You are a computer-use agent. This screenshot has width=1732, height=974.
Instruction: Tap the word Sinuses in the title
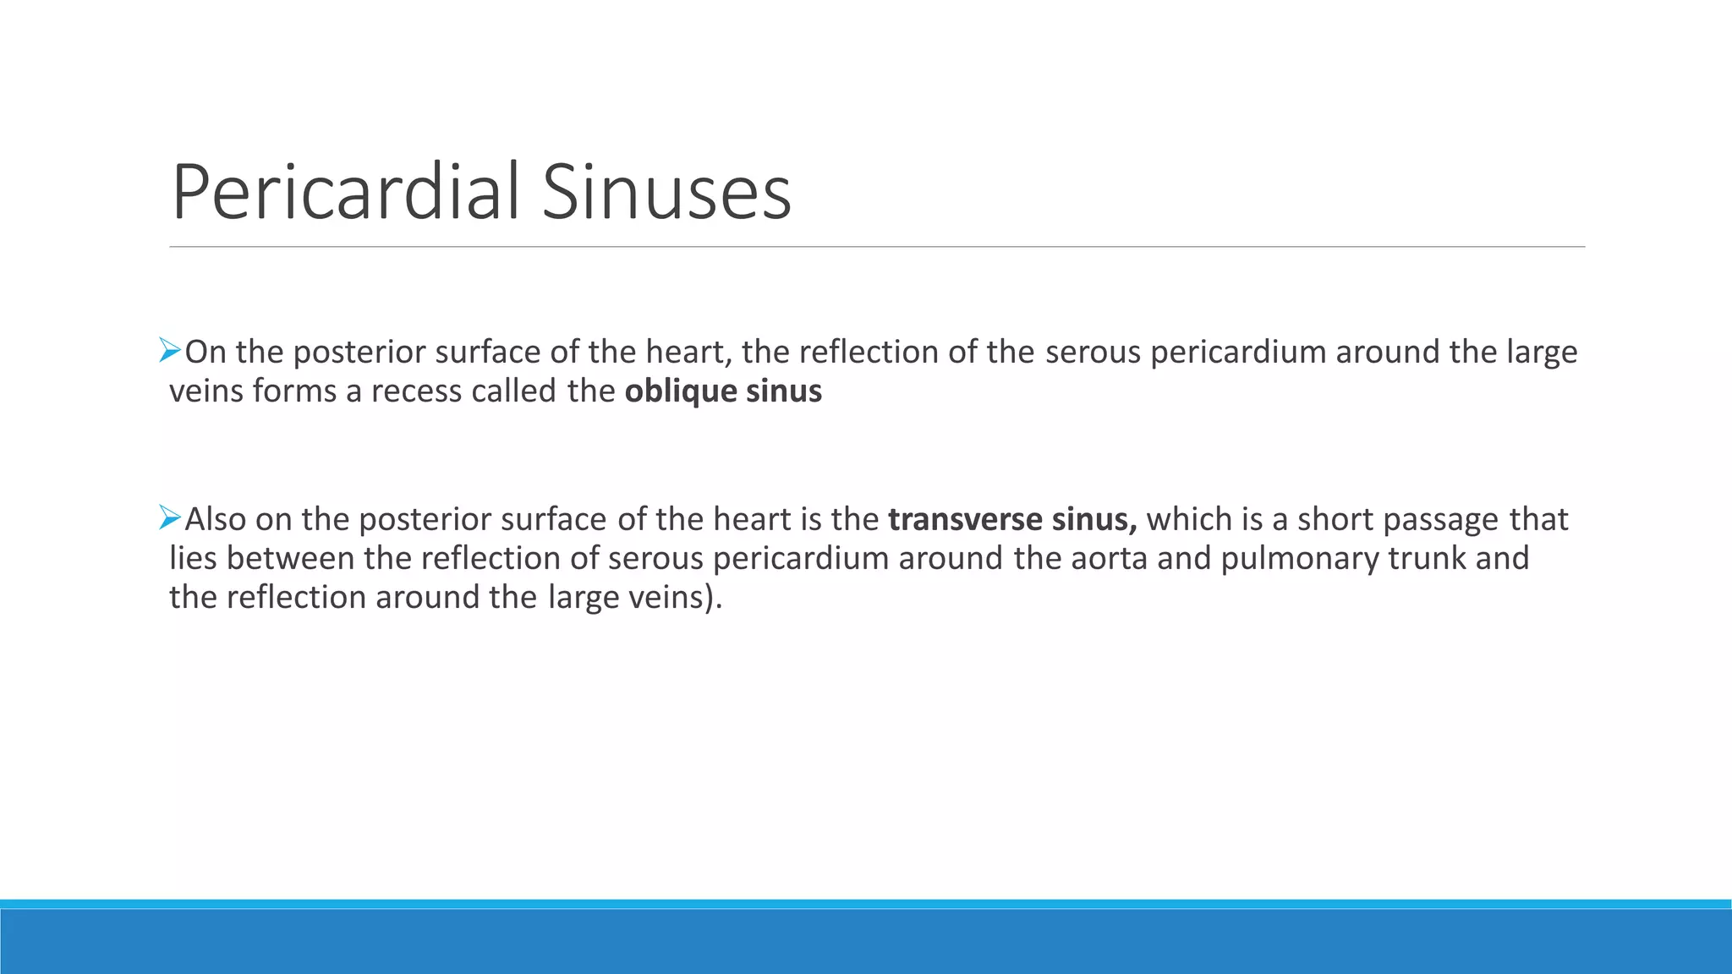(666, 193)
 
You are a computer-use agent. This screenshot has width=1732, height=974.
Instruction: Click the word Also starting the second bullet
(216, 519)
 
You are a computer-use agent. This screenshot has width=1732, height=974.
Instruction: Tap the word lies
(194, 558)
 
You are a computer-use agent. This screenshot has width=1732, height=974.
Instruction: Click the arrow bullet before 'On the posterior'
(170, 350)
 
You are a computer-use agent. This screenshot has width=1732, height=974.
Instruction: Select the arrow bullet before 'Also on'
(170, 517)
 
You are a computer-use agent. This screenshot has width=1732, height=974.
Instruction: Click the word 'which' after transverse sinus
(1189, 519)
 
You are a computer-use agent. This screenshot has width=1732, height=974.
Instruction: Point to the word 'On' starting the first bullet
(206, 352)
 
